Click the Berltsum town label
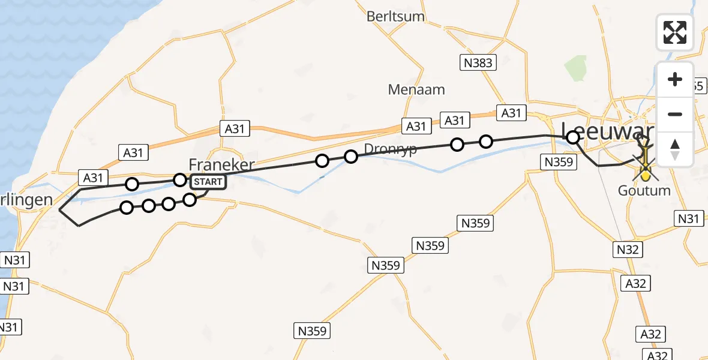(397, 16)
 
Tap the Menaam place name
(416, 90)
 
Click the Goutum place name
(644, 191)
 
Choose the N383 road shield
(478, 63)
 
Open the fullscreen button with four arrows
(675, 32)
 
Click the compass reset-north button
(675, 149)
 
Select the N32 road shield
(629, 249)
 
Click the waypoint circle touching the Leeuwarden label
(573, 137)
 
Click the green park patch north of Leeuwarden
(575, 67)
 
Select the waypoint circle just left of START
(180, 179)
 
